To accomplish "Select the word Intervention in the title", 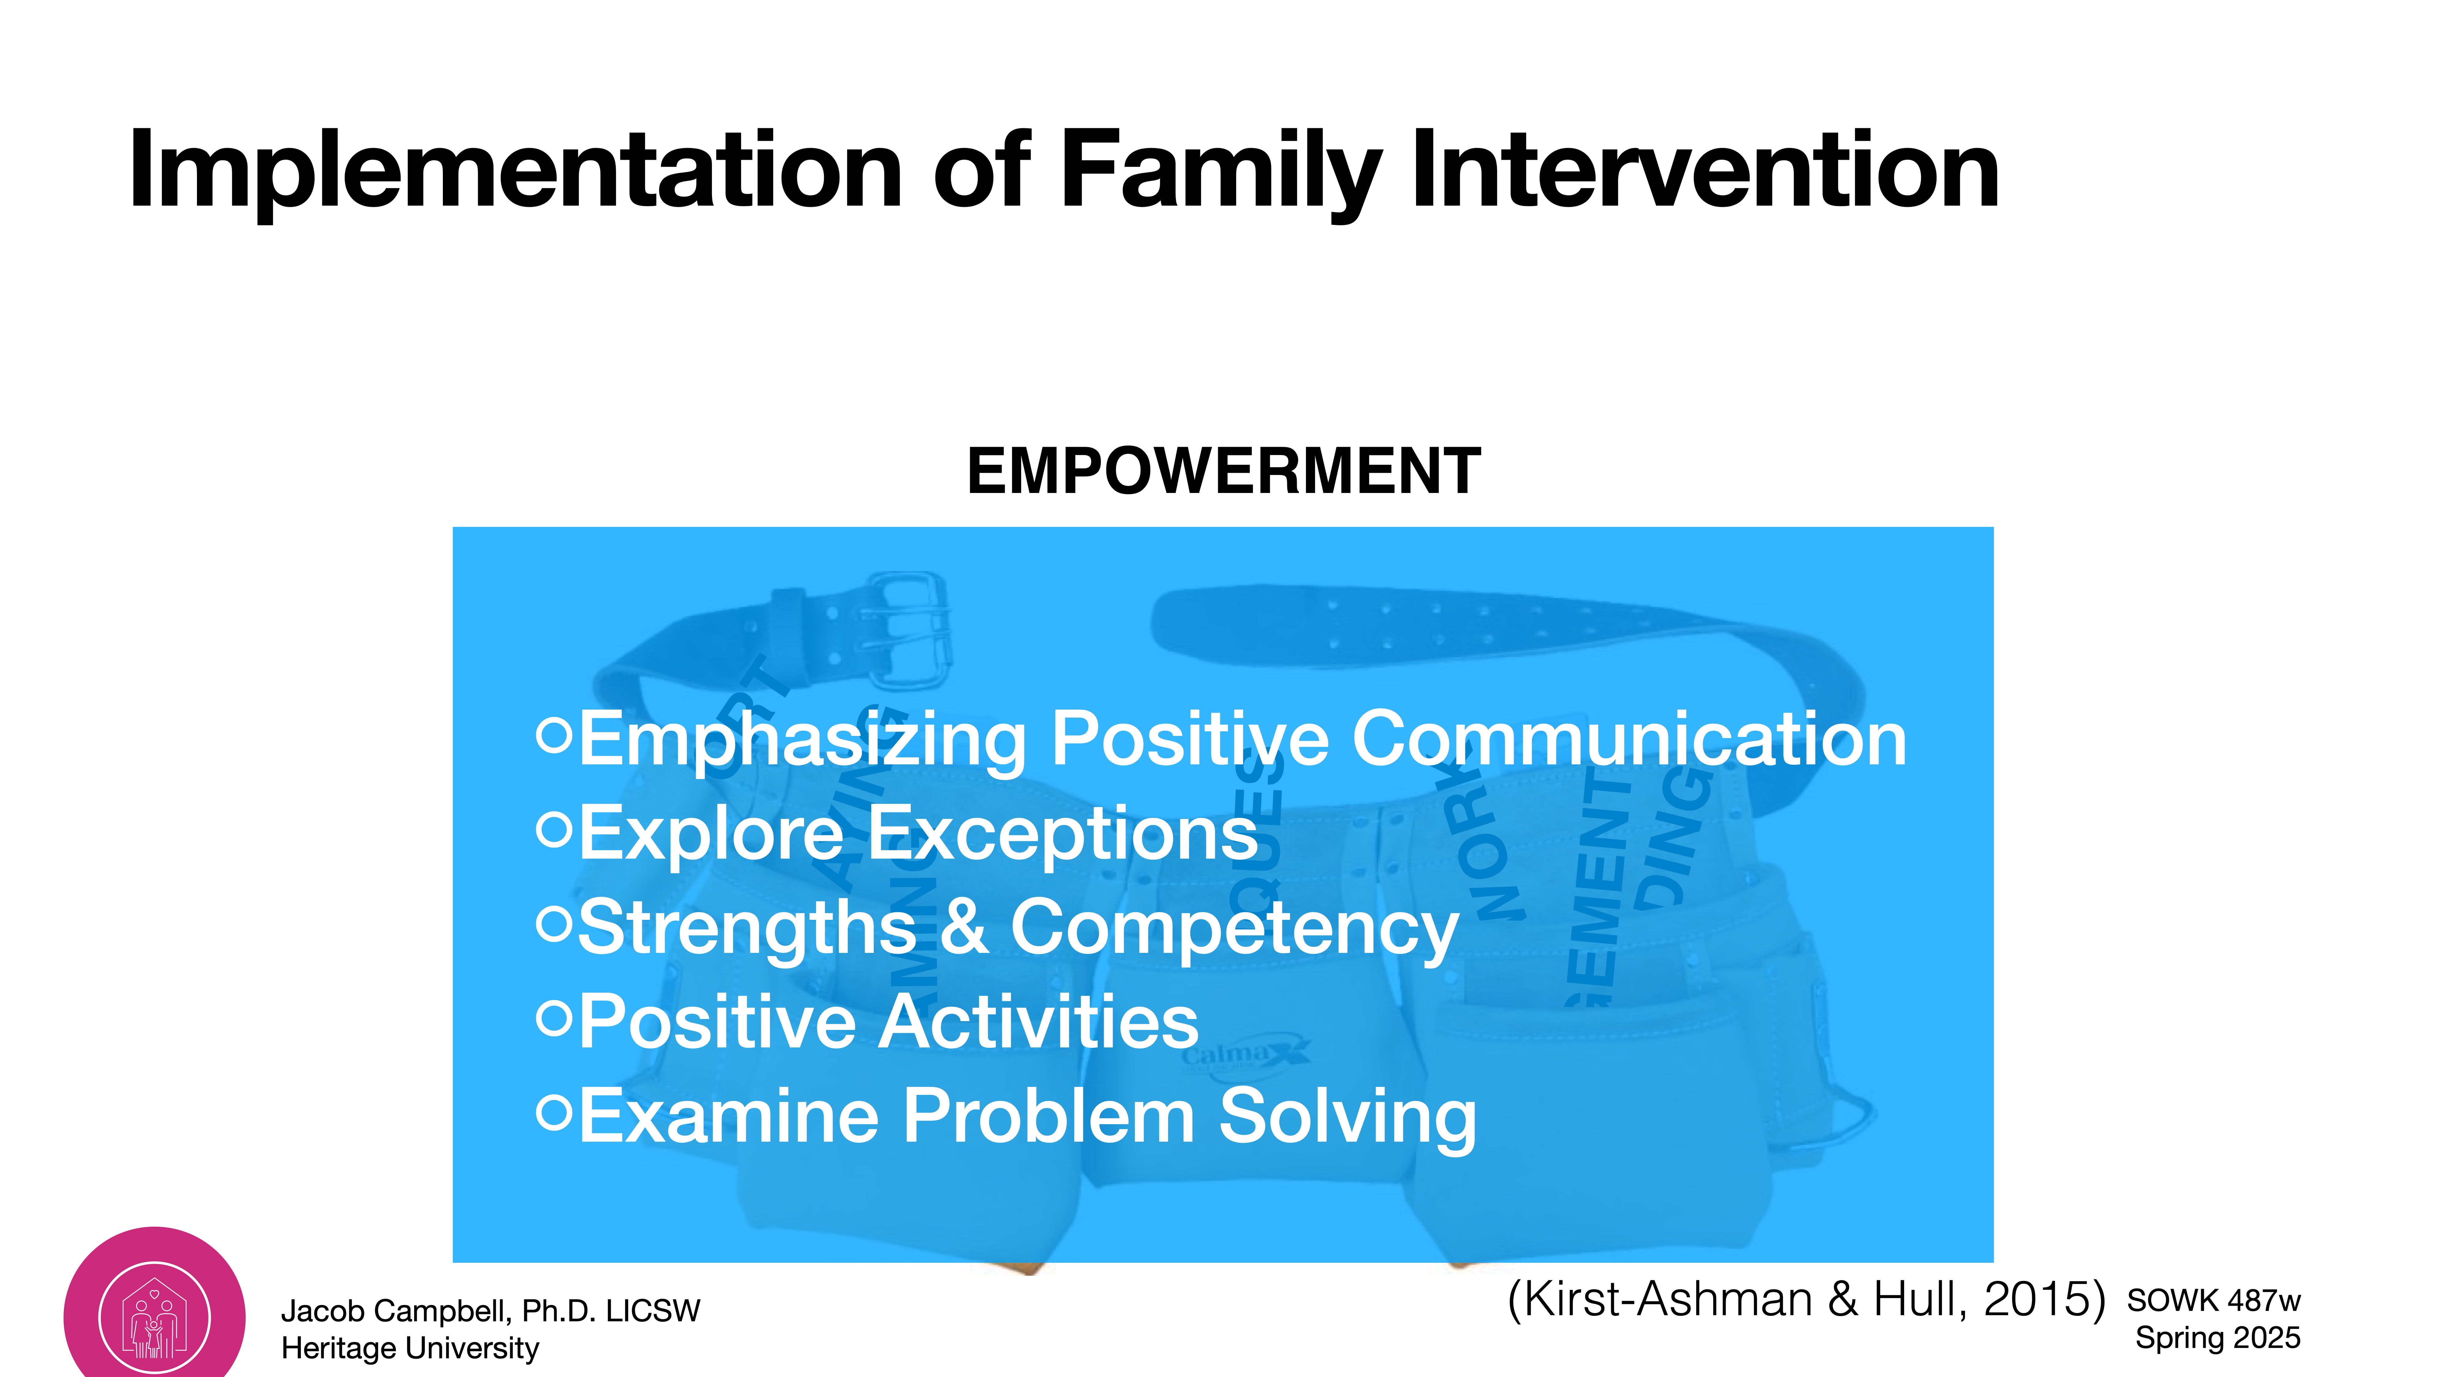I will pos(1705,171).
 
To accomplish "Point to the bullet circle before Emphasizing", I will pos(554,735).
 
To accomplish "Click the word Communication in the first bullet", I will pos(1628,739).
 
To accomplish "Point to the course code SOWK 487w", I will pos(2213,1300).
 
